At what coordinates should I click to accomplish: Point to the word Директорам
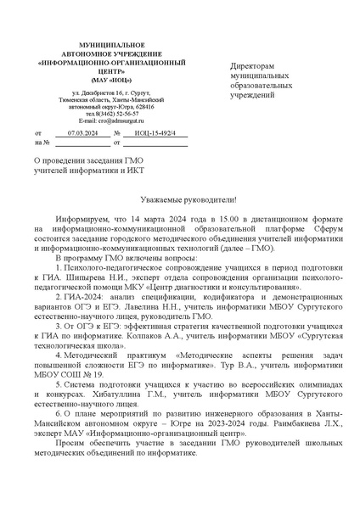pos(254,65)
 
